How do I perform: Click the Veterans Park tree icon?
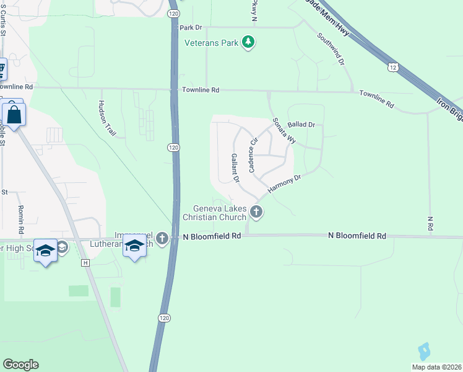click(248, 43)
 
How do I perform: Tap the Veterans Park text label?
click(212, 43)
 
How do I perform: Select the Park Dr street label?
click(191, 27)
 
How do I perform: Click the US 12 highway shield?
click(392, 66)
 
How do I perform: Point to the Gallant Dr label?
click(235, 167)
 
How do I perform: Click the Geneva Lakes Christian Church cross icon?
click(256, 213)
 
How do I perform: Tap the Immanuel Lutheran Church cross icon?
click(162, 238)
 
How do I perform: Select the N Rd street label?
click(430, 223)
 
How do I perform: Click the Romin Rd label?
click(20, 219)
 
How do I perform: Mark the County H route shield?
click(85, 263)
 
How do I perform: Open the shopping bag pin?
click(12, 115)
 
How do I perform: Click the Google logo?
click(20, 365)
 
